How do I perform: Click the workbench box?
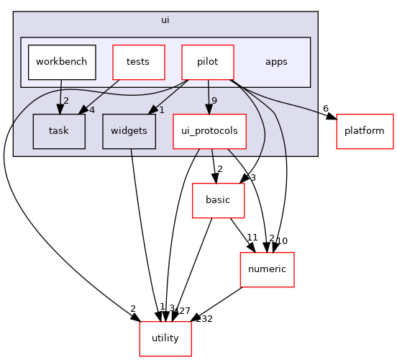tap(62, 62)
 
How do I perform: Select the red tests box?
tap(138, 62)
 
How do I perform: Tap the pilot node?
tap(208, 62)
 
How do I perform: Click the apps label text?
tap(276, 62)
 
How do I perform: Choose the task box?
tap(59, 131)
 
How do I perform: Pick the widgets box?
tap(129, 131)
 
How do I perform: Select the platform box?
tap(365, 131)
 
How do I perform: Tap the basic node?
tap(218, 200)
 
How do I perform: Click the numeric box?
tap(267, 269)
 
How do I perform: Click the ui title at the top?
tap(165, 19)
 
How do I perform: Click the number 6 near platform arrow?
tap(326, 109)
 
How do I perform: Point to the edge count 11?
tap(252, 236)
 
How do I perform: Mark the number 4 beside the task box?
tap(91, 109)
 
